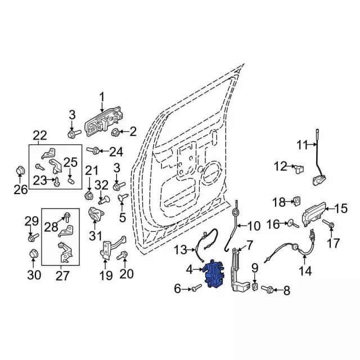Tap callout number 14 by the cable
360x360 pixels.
click(x=304, y=271)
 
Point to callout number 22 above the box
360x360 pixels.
click(x=39, y=136)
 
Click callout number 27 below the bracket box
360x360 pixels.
click(x=62, y=276)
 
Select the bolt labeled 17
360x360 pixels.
click(x=331, y=226)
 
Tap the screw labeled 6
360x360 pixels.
click(x=196, y=289)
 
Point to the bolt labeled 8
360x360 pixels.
click(x=268, y=290)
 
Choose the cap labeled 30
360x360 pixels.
click(x=33, y=254)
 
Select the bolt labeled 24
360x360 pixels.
click(x=95, y=150)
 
